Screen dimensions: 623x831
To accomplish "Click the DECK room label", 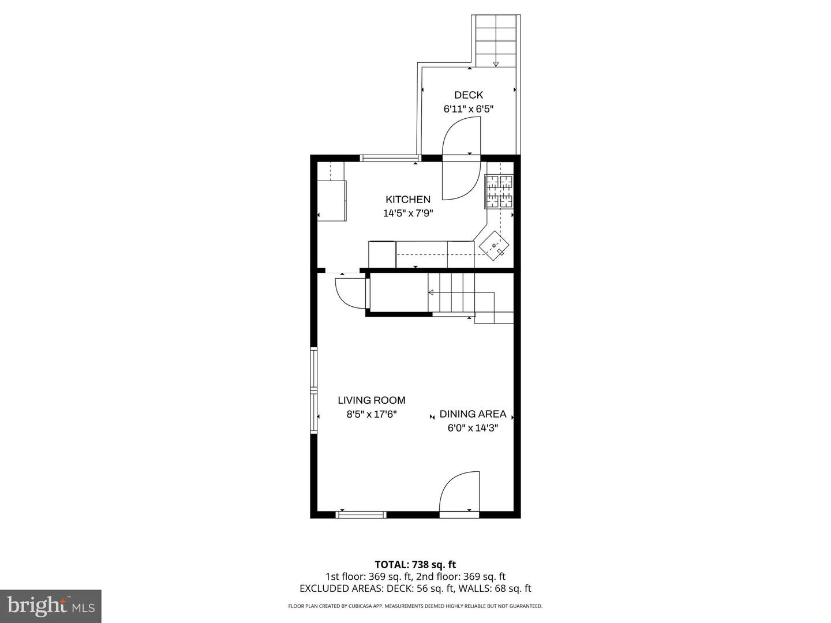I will click(468, 95).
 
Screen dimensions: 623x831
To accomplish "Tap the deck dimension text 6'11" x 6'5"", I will click(468, 108).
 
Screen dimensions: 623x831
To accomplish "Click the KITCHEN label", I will click(408, 200).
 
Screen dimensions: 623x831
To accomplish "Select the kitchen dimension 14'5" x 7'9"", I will click(408, 213).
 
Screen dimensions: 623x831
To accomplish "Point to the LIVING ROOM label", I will click(371, 400).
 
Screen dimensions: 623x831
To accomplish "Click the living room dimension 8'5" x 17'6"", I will click(371, 414).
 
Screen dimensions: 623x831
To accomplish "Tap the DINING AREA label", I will click(473, 414).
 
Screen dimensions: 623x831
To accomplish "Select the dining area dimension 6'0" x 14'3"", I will click(473, 428).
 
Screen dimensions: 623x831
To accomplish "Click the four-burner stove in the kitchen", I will click(499, 192).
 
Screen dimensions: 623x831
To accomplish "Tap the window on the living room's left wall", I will click(313, 390).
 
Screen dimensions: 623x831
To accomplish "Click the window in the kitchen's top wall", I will click(390, 158).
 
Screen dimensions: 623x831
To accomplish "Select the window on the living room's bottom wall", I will click(361, 515).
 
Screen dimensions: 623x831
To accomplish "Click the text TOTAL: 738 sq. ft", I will click(415, 565).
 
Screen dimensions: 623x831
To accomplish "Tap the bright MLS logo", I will click(50, 605).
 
